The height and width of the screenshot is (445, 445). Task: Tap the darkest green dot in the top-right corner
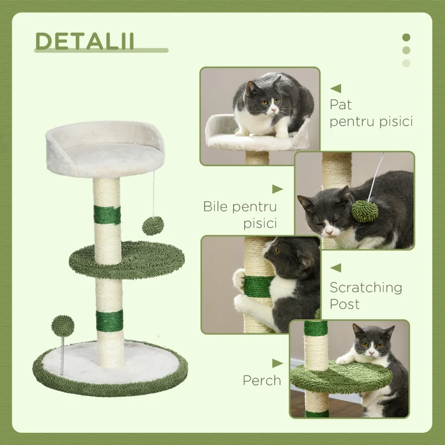406,37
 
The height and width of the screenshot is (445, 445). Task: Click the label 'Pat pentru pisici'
370,113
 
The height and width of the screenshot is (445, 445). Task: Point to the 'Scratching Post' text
365,295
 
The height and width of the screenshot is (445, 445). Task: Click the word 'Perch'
261,380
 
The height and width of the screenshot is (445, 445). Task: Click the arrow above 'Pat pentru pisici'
335,88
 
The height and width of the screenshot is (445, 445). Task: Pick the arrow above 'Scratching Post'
335,268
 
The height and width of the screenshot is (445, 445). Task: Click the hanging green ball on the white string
152,226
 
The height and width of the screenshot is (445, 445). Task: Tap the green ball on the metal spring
62,325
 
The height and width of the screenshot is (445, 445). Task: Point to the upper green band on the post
106,215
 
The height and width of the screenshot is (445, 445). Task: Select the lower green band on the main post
108,319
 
